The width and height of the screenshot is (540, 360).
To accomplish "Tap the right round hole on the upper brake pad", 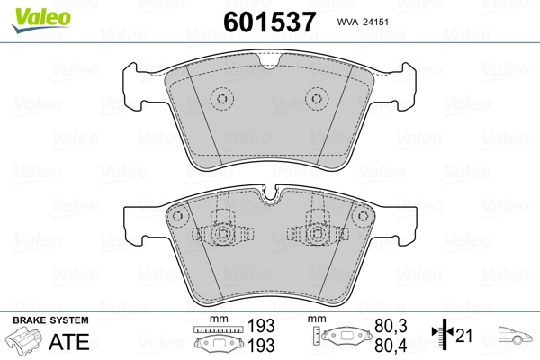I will tap(315, 100).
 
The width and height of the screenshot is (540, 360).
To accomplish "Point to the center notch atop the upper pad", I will tap(268, 61).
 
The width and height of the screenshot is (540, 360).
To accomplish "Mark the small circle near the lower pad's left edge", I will tap(178, 218).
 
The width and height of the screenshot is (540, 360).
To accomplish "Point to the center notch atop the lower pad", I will tap(269, 193).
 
